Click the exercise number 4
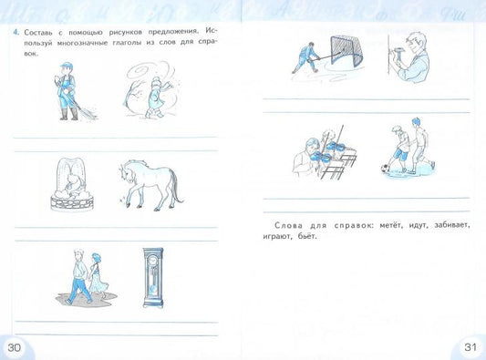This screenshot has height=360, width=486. point(16,32)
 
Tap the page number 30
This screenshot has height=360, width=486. point(14,347)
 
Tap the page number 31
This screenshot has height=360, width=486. point(470,347)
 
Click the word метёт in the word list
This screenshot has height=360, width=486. point(391,225)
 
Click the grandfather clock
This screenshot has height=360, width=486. point(153,278)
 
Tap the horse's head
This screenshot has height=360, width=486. point(126,172)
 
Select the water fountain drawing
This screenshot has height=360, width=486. point(72,185)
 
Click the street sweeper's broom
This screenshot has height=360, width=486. point(84,110)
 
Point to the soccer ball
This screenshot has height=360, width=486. point(385,169)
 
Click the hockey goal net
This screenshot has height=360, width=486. point(346,52)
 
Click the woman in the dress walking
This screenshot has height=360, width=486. point(98,275)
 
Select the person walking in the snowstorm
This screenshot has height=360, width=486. point(155,97)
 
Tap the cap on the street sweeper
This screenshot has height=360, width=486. point(66,66)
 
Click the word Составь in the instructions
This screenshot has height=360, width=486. point(37,32)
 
